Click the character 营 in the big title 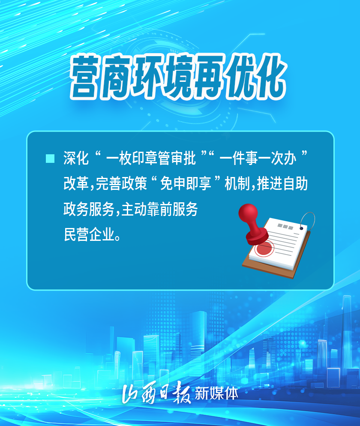click(x=84, y=78)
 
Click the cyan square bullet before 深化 click(x=50, y=159)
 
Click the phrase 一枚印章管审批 click(x=151, y=158)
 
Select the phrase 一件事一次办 click(x=258, y=158)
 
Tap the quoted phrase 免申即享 click(x=186, y=183)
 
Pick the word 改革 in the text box click(x=76, y=183)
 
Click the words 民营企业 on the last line click(x=89, y=234)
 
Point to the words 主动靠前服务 click(x=159, y=209)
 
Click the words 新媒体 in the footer click(x=216, y=393)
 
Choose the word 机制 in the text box click(x=237, y=183)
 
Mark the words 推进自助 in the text click(x=282, y=183)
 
